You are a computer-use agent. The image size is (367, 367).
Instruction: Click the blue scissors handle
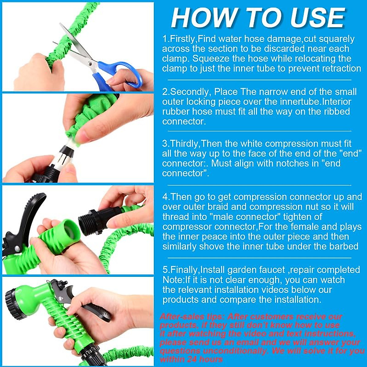[122, 73]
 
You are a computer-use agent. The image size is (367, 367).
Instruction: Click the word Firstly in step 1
[182, 39]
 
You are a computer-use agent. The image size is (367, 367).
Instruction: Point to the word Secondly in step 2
[190, 92]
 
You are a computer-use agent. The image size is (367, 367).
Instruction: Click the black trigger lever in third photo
[29, 211]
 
